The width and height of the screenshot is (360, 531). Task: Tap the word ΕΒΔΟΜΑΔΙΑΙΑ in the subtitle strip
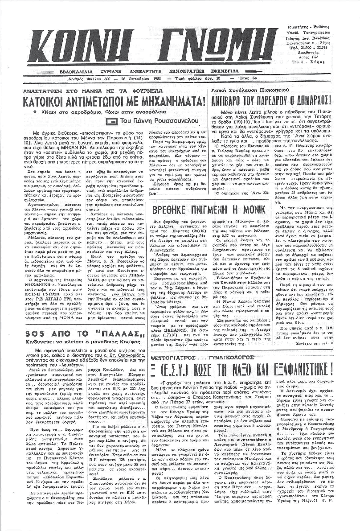pyautogui.click(x=79, y=71)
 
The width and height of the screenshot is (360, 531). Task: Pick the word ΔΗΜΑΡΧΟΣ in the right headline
pyautogui.click(x=324, y=100)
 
